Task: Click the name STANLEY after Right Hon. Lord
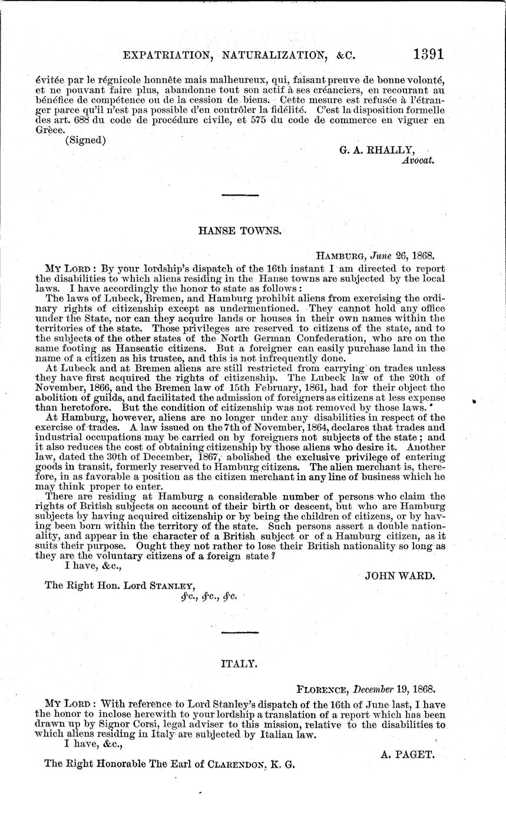coord(168,585)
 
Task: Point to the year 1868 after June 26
coord(422,256)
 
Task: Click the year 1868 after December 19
coord(422,688)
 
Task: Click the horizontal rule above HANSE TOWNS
coord(240,194)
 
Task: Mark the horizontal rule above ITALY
coord(240,632)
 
